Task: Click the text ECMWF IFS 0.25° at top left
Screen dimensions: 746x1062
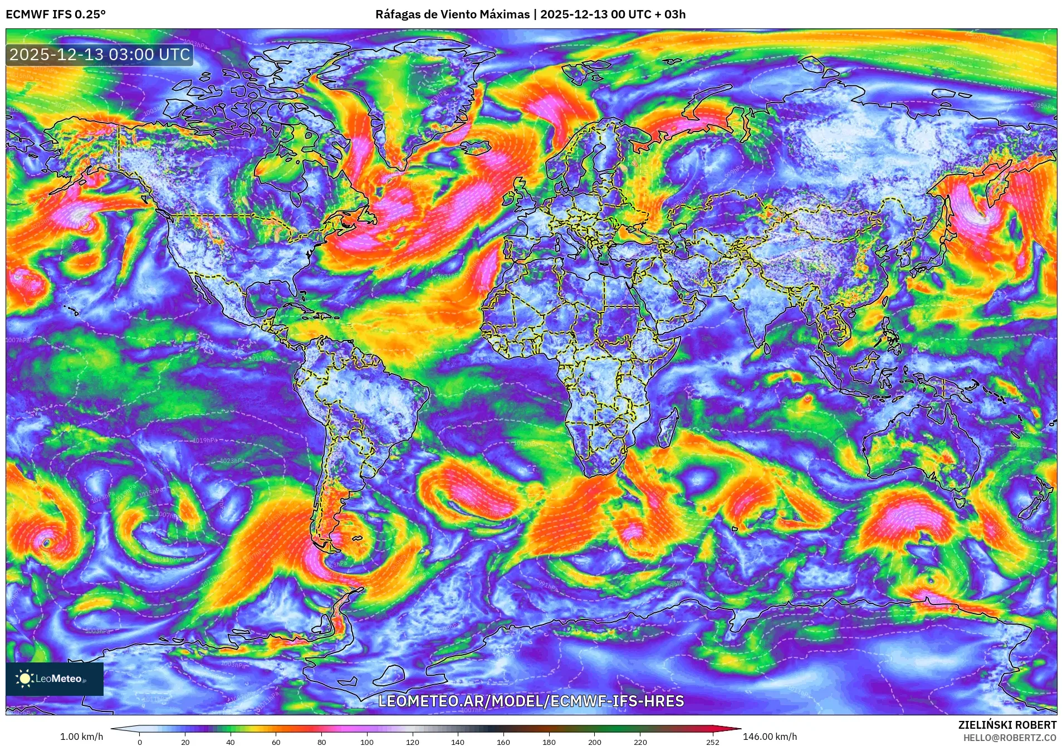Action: (56, 14)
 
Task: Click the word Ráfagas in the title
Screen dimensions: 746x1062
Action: (398, 14)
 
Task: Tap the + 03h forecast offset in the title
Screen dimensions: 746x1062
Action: (672, 14)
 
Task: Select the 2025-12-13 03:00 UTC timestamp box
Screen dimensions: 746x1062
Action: (100, 55)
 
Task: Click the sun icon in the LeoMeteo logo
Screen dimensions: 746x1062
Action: (25, 678)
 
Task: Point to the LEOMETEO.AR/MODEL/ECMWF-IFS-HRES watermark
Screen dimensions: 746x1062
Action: (531, 701)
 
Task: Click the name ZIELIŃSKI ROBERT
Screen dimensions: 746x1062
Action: (1007, 725)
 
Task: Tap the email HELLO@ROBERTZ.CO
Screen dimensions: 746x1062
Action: (1010, 737)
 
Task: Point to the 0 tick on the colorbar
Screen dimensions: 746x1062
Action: (140, 742)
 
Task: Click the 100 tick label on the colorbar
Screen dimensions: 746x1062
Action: (366, 742)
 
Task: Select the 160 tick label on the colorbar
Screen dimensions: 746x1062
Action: (503, 742)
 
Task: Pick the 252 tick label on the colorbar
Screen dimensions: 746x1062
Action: (713, 742)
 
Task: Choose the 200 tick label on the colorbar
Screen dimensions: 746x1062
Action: (594, 742)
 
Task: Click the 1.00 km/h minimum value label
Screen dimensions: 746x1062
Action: (81, 737)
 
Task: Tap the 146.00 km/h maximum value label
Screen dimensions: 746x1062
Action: (770, 737)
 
